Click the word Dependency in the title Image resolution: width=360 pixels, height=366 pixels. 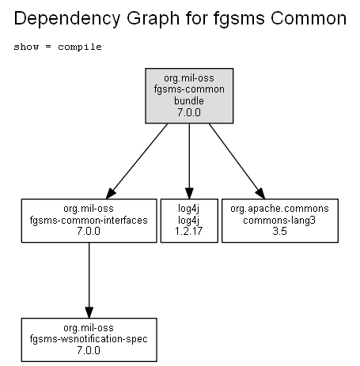[67, 19]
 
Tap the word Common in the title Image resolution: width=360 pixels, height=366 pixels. [309, 18]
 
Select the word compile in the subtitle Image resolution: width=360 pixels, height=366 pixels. [80, 47]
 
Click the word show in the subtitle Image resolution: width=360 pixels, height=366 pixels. [26, 47]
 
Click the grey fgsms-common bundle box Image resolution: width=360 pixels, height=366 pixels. [189, 96]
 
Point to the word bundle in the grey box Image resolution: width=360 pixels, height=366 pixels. [189, 101]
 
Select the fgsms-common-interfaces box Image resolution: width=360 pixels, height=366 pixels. [89, 221]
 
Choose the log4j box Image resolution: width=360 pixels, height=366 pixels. [189, 221]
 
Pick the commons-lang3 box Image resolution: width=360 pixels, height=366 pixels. [280, 221]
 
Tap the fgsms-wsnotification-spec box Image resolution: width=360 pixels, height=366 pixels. [89, 340]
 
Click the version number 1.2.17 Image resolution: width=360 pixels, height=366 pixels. [188, 232]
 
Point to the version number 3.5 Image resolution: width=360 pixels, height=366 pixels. [279, 232]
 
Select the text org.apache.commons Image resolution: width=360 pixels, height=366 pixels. [279, 209]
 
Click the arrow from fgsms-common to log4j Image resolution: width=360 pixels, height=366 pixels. [189, 161]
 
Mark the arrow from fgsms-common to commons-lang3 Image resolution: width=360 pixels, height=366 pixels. [237, 161]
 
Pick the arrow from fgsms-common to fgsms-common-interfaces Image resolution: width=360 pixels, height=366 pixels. [137, 161]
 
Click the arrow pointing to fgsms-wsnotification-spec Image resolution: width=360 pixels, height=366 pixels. [89, 281]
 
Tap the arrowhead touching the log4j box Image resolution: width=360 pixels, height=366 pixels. [189, 194]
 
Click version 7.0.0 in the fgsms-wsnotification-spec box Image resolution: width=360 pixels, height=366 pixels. [89, 351]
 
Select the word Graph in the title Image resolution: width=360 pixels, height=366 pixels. [153, 19]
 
